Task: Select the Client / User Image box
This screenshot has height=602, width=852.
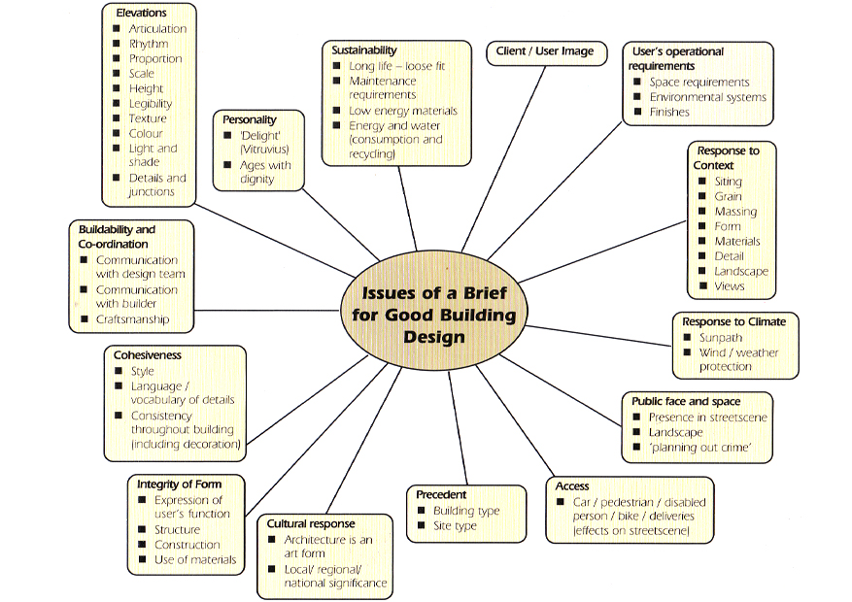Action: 545,51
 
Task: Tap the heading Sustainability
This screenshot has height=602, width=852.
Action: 363,50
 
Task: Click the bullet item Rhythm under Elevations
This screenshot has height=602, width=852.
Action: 149,44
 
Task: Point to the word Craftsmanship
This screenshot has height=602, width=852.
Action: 132,319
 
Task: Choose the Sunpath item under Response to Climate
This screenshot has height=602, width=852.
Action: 721,338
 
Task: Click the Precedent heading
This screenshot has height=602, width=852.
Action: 441,494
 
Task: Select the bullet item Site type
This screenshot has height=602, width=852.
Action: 455,526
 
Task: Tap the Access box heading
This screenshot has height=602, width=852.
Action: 572,485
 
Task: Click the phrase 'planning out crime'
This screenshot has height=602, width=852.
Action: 702,448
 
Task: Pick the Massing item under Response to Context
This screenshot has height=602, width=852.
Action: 735,212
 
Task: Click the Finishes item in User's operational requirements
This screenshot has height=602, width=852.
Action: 669,112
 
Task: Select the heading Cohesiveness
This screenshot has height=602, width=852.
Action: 147,355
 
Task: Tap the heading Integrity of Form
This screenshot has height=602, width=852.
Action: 179,485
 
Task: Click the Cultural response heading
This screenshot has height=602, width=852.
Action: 311,523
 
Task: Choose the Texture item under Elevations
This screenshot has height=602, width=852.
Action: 148,118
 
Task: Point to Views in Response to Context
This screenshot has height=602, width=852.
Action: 730,286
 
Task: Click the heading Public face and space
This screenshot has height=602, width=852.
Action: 686,401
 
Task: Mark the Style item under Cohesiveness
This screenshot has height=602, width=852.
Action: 142,371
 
